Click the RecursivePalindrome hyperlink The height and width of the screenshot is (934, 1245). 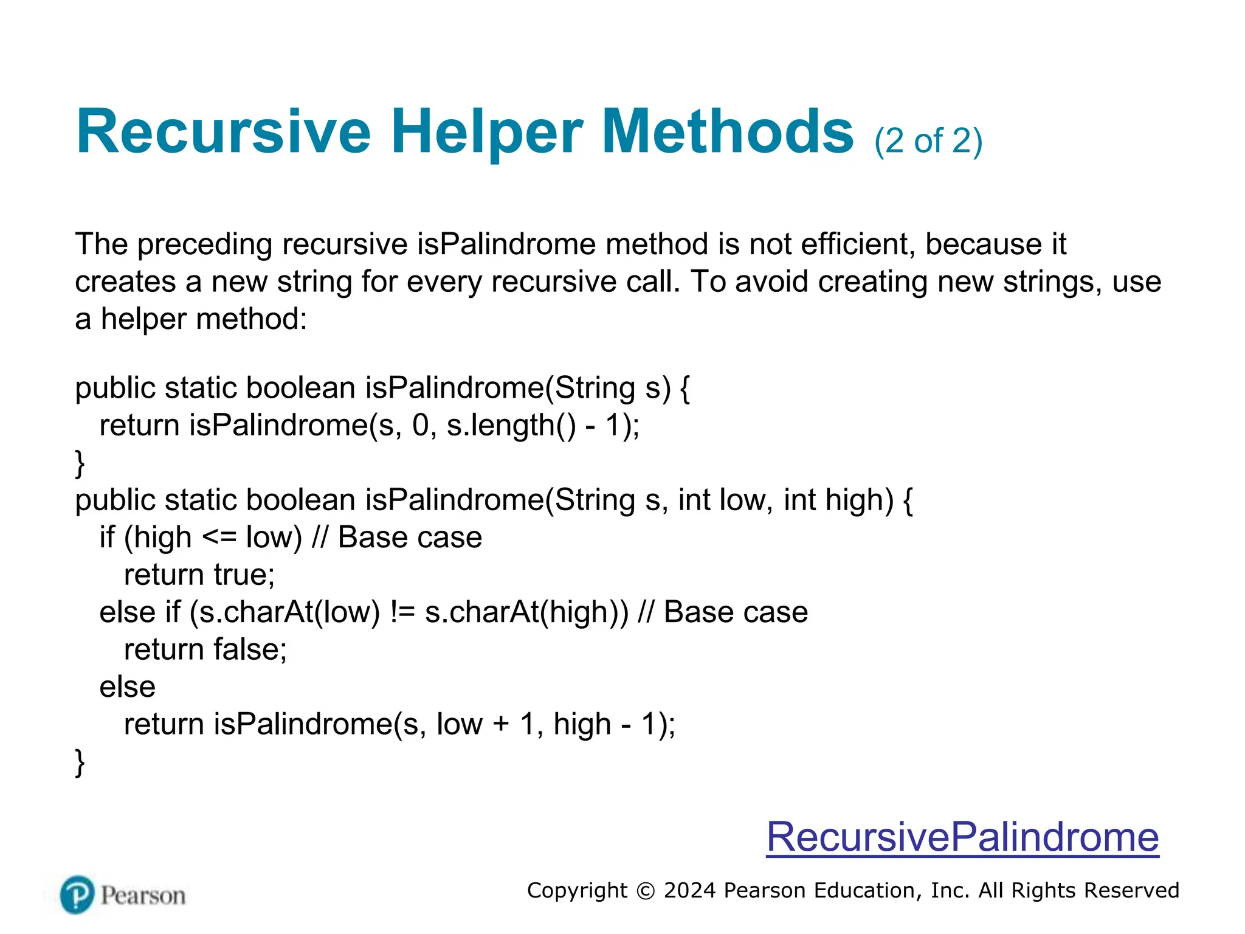pos(962,837)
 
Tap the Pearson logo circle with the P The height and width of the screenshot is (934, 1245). pos(77,894)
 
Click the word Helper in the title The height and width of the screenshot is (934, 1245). pos(486,133)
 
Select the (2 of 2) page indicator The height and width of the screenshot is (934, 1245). pos(928,141)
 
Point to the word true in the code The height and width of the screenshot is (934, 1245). pos(244,575)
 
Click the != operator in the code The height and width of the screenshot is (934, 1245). pos(402,612)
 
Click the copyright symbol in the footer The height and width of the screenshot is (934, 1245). pos(646,891)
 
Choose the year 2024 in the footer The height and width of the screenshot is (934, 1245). pos(689,891)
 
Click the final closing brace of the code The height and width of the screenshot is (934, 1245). pos(80,763)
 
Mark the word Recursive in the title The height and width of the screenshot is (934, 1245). pos(223,133)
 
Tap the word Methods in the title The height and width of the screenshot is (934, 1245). pos(728,133)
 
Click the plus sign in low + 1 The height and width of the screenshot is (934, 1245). pos(502,724)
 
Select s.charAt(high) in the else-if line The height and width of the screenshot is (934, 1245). pos(526,612)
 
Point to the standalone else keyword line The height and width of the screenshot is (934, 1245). pos(128,687)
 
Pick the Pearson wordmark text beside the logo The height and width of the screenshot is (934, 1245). pos(143,896)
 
